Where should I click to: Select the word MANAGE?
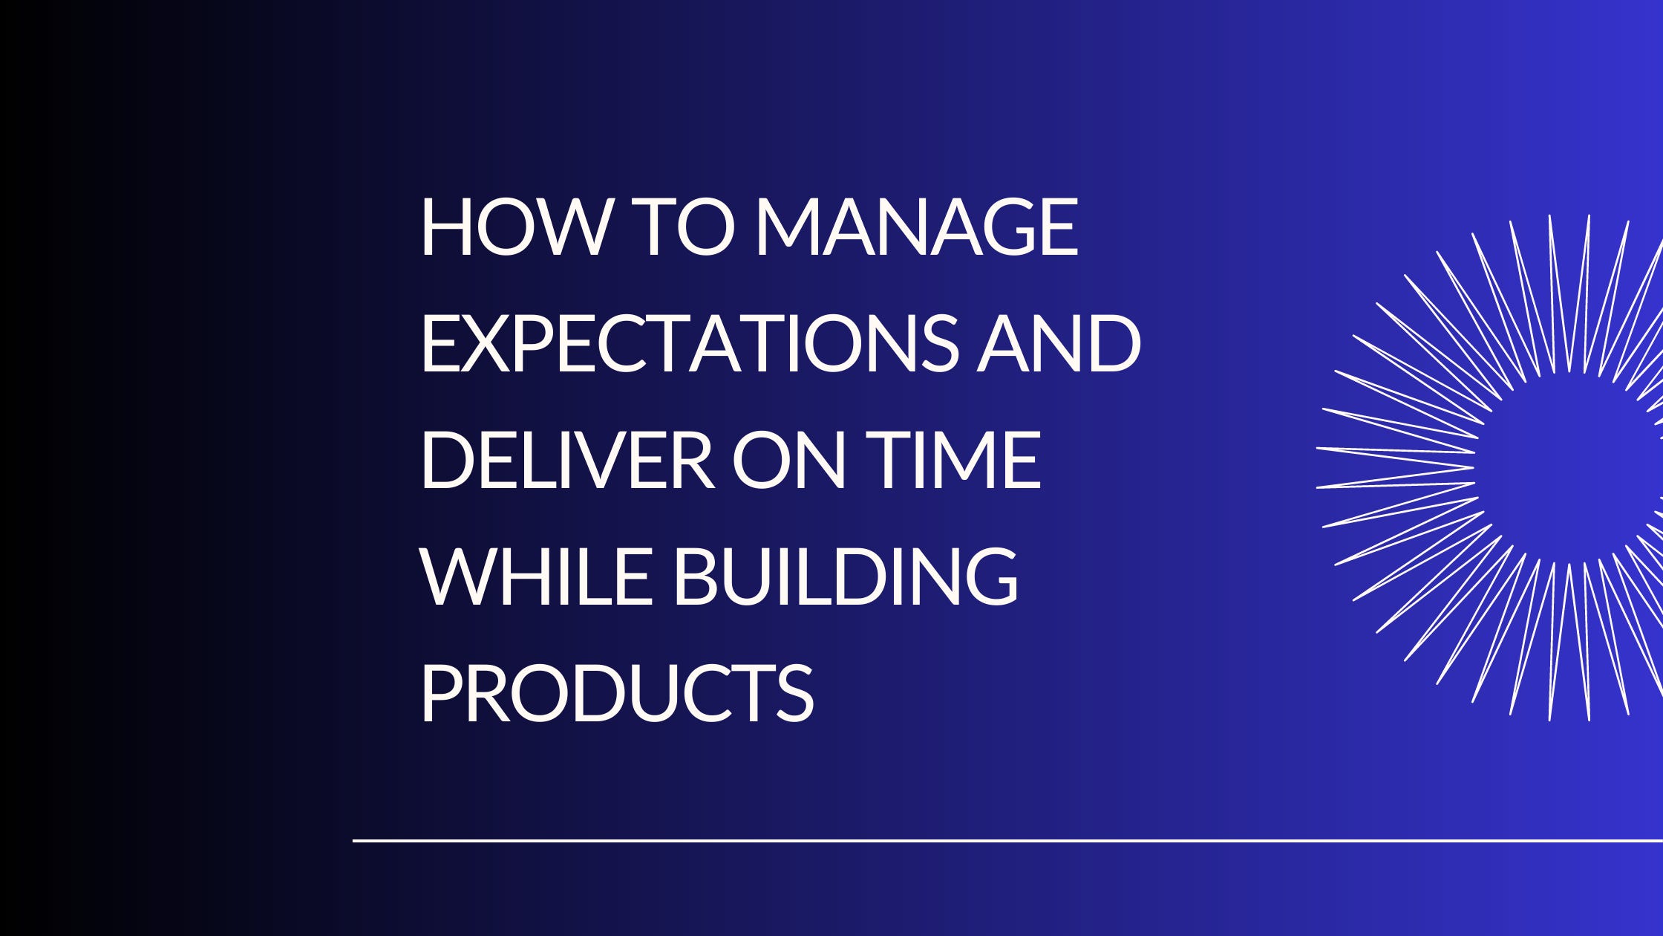[916, 228]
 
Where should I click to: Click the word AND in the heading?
[1059, 344]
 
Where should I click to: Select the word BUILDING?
[846, 576]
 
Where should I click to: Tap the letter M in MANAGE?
[788, 228]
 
